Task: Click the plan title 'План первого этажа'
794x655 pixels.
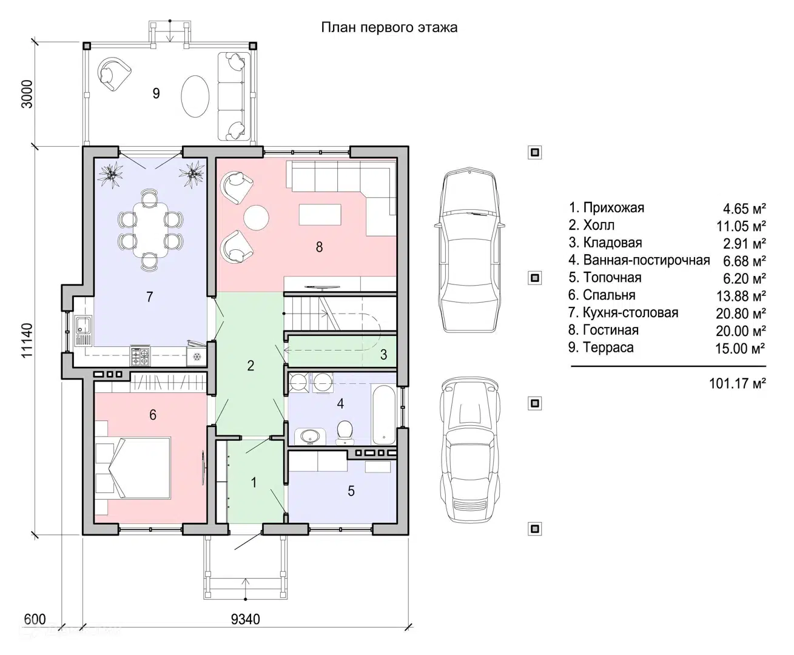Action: click(389, 28)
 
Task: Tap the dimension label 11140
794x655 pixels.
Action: click(27, 341)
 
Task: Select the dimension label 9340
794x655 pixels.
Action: click(245, 620)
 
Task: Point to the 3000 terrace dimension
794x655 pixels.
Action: click(27, 94)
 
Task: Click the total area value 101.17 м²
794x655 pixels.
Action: click(738, 383)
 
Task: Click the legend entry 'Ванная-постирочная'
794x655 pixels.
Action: click(639, 260)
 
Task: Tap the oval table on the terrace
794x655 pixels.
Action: click(195, 97)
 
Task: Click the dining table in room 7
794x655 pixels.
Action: click(150, 230)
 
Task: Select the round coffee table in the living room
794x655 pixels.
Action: click(257, 218)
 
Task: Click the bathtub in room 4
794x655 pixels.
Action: click(384, 415)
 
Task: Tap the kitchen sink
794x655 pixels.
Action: click(83, 331)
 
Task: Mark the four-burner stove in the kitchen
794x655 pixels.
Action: click(140, 356)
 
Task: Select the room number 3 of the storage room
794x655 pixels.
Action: click(383, 355)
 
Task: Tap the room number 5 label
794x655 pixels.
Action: click(351, 491)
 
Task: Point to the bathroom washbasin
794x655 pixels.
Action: click(311, 436)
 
